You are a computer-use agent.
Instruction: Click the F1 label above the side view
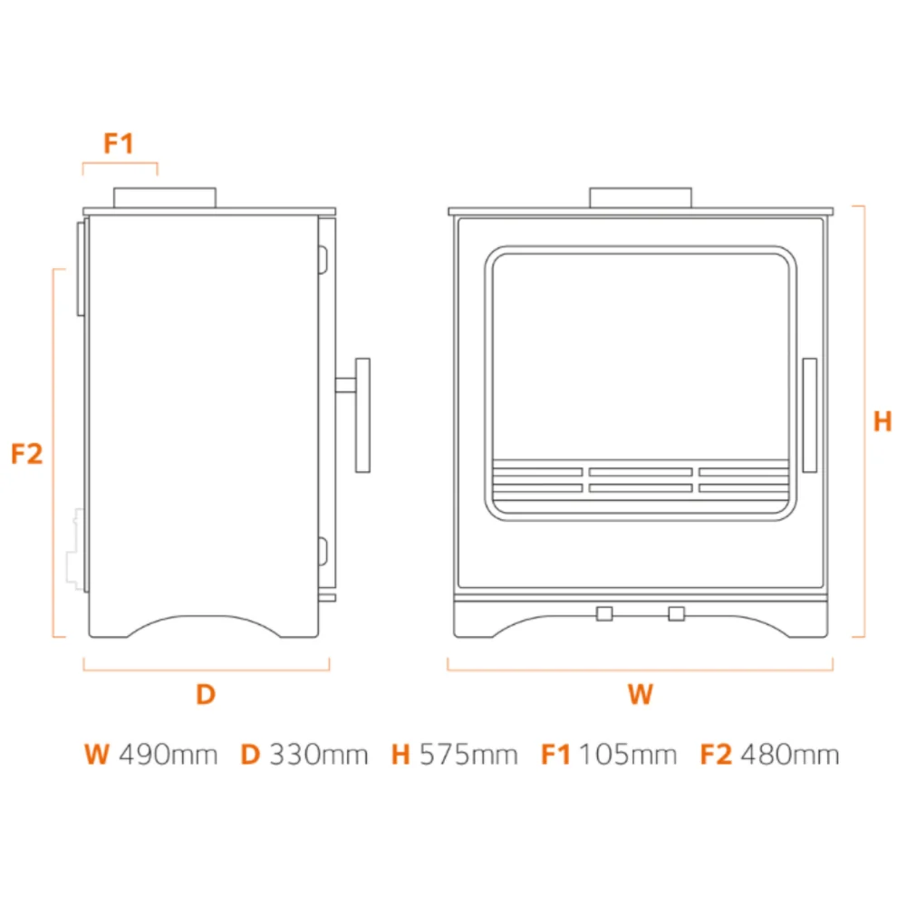point(119,143)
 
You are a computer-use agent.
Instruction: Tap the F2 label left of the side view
point(26,454)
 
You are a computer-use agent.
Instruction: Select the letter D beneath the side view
point(206,694)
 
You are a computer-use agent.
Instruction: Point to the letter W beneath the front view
point(641,694)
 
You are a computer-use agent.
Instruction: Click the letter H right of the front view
point(882,421)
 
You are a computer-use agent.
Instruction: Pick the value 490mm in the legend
point(169,755)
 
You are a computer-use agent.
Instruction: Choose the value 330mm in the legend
point(318,755)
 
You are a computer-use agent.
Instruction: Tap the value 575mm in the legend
point(468,755)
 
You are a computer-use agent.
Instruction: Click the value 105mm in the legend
point(628,755)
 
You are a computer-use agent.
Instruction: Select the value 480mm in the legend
point(790,755)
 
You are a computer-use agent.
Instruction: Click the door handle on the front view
point(809,415)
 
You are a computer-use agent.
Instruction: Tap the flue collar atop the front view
point(641,198)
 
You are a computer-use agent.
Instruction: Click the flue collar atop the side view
point(165,198)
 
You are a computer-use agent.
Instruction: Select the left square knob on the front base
point(604,613)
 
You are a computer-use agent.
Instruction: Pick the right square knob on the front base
point(677,613)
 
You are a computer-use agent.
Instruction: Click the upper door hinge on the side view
point(323,259)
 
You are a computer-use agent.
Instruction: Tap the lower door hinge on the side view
point(323,551)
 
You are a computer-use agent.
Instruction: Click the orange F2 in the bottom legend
point(716,755)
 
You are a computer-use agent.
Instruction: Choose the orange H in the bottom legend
point(400,755)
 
